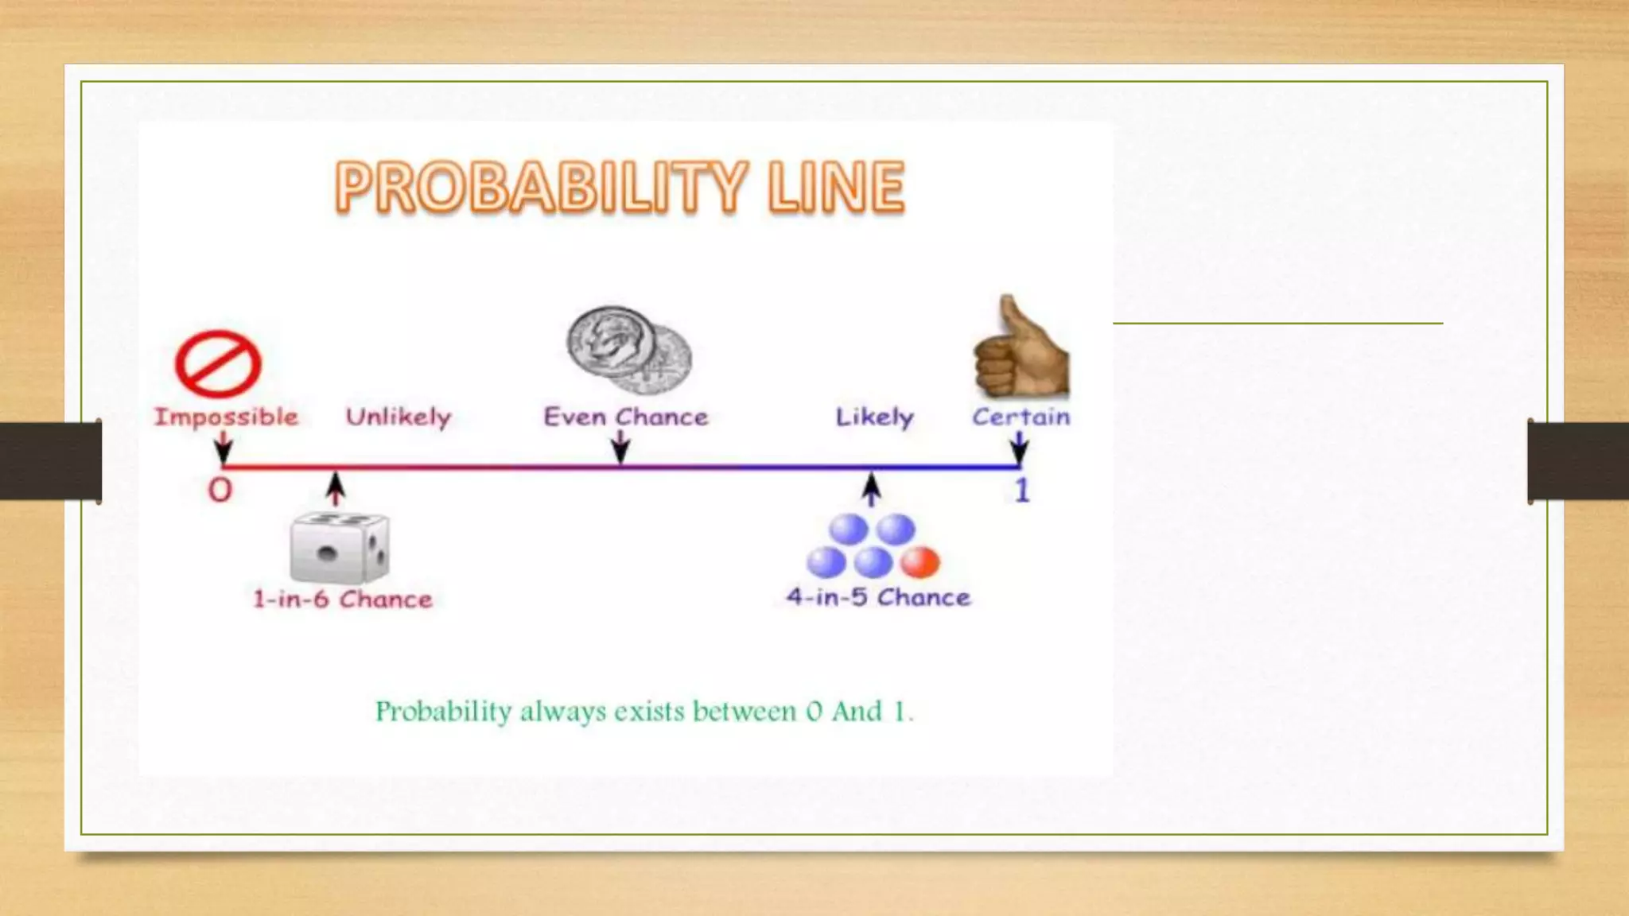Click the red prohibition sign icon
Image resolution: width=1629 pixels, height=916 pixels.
pyautogui.click(x=218, y=364)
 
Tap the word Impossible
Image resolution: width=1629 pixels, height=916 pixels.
pyautogui.click(x=226, y=417)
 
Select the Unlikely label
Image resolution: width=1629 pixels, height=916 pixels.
pyautogui.click(x=398, y=417)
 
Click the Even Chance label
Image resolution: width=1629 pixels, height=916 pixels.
pyautogui.click(x=625, y=417)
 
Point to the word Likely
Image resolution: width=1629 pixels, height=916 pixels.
pyautogui.click(x=874, y=417)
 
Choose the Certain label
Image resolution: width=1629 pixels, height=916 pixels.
pyautogui.click(x=1021, y=417)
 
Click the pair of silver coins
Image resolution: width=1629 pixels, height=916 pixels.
pyautogui.click(x=628, y=350)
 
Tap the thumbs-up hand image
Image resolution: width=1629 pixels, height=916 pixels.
pyautogui.click(x=1021, y=350)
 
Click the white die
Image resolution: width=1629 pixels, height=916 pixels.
pyautogui.click(x=340, y=549)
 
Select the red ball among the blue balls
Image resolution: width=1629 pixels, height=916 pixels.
pyautogui.click(x=920, y=562)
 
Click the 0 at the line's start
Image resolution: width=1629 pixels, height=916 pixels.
pyautogui.click(x=220, y=490)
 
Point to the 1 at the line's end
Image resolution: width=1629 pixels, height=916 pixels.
pyautogui.click(x=1022, y=491)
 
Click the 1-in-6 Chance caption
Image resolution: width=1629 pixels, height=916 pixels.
pyautogui.click(x=343, y=599)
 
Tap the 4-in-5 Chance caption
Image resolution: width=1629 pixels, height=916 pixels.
pyautogui.click(x=878, y=597)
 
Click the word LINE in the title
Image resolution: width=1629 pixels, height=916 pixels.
pyautogui.click(x=836, y=188)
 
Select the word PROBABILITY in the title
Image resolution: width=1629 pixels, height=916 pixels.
pyautogui.click(x=542, y=188)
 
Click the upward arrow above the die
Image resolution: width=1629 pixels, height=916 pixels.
pyautogui.click(x=336, y=487)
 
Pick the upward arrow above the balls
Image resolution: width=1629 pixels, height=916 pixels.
pyautogui.click(x=872, y=488)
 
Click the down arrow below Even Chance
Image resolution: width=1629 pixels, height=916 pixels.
pyautogui.click(x=620, y=448)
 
